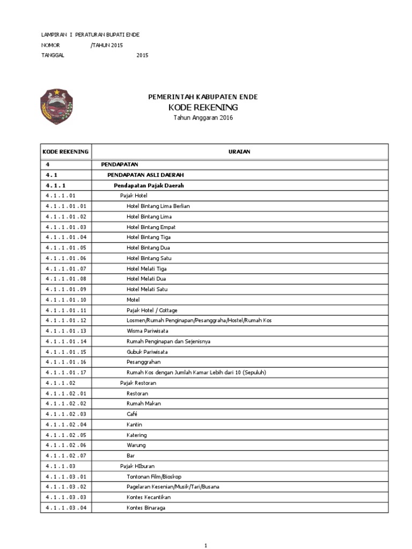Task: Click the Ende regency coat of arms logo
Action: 57,107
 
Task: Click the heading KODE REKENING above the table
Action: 203,108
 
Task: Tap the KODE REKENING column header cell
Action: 65,152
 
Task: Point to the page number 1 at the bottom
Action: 205,545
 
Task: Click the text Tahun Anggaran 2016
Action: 203,118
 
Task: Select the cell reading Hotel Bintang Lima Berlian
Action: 158,206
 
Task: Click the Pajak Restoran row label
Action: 138,383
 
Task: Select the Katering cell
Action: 136,435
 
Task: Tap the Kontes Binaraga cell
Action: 145,507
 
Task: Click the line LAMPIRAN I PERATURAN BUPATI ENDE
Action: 90,35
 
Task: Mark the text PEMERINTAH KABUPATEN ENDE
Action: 203,97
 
